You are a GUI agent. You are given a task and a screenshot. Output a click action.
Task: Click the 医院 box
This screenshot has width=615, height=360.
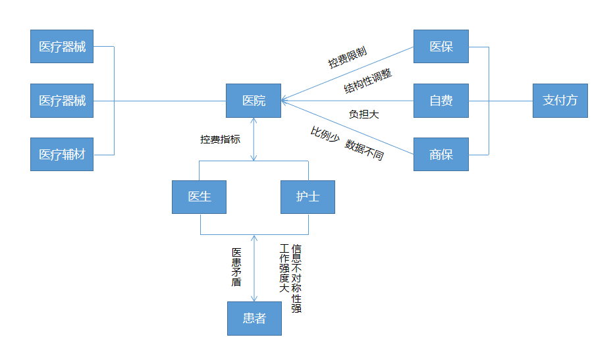254,101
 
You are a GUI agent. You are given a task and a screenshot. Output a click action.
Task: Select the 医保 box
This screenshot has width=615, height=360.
441,46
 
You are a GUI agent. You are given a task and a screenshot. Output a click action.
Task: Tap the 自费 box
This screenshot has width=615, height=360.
441,101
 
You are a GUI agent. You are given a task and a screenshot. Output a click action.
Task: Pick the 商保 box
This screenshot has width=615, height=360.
441,154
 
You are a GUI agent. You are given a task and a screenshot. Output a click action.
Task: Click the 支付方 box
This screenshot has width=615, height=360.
560,101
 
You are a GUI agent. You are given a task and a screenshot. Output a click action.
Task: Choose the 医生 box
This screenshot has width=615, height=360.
200,197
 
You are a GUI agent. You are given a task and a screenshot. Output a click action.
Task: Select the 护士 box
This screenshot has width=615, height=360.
308,197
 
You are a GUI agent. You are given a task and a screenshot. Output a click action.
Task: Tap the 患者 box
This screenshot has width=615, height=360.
255,319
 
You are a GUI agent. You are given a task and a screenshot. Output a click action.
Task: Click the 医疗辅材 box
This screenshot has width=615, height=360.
62,154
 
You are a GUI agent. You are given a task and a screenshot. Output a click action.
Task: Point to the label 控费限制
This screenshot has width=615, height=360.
348,57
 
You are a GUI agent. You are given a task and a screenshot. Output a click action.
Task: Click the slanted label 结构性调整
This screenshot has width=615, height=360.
368,81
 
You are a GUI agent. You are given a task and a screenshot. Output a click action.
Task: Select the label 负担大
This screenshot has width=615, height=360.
364,115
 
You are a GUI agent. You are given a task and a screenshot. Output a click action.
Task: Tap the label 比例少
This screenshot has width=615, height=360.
325,134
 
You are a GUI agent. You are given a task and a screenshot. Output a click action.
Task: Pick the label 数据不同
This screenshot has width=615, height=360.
364,150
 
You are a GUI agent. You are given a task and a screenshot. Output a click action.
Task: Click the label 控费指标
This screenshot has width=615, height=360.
220,140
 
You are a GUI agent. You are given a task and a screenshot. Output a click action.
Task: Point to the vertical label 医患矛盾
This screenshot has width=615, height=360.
236,267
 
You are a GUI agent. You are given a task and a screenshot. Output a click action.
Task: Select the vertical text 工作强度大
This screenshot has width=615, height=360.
284,269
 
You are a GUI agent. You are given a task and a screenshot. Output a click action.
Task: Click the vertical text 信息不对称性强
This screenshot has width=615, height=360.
296,278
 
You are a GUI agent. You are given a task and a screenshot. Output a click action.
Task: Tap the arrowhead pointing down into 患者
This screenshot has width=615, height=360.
254,299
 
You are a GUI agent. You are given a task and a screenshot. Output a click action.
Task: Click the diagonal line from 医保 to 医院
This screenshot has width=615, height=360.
348,73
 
